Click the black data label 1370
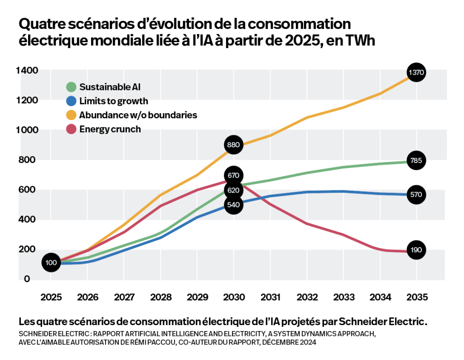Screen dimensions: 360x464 (x=416, y=72)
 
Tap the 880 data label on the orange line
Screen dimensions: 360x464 (x=233, y=145)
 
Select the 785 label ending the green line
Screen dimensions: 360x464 (x=416, y=160)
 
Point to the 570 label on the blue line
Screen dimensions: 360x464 (x=416, y=195)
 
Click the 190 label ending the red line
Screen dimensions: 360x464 (x=416, y=250)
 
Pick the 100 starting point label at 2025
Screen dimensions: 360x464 (x=51, y=263)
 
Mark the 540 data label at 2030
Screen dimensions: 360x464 (x=233, y=205)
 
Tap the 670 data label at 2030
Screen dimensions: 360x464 (x=233, y=175)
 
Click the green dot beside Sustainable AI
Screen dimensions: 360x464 (x=71, y=87)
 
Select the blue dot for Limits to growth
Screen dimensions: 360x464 (x=71, y=101)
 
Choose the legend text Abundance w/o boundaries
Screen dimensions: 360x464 (x=138, y=115)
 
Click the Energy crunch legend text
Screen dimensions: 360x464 (x=110, y=129)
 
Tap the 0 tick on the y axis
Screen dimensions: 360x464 (x=27, y=279)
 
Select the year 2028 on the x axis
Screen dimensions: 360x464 (x=161, y=298)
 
